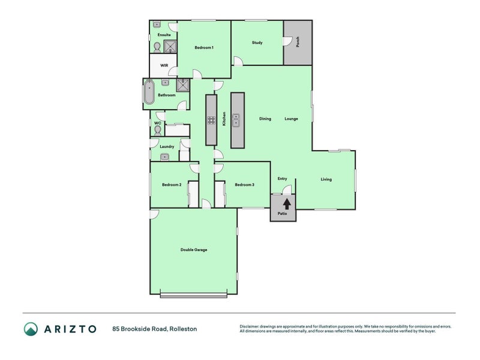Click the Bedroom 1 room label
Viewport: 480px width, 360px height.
pos(204,47)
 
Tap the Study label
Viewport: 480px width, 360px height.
pos(257,43)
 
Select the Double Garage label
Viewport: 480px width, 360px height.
pos(194,250)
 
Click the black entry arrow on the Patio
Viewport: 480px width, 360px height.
pos(287,204)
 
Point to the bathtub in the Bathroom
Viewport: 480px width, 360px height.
pos(149,92)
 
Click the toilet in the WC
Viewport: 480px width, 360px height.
pos(158,131)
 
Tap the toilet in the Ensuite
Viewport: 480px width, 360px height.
pos(157,47)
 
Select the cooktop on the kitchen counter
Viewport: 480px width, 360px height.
pos(211,121)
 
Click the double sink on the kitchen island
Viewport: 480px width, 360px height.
pos(236,120)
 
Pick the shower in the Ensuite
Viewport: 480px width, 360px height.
pos(170,47)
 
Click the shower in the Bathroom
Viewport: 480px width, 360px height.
pos(183,85)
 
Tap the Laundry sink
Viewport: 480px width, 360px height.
pos(164,157)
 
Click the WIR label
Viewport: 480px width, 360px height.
pos(164,65)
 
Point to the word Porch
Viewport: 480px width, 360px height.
pos(298,42)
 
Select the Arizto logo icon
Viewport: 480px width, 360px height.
pos(31,329)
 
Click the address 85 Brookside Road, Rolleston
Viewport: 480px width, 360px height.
pos(155,329)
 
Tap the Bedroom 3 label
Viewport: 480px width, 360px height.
pos(245,185)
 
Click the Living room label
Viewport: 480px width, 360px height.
pos(326,179)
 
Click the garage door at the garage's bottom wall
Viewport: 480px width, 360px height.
pos(193,295)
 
